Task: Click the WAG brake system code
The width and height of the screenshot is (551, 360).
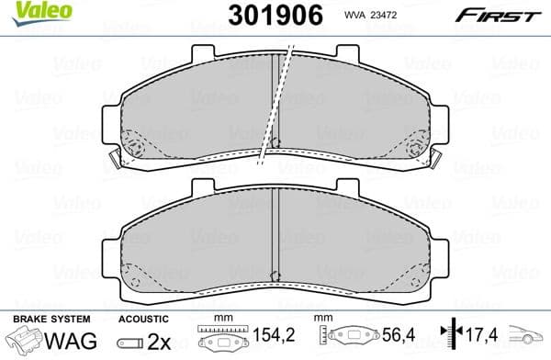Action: [x=64, y=341]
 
